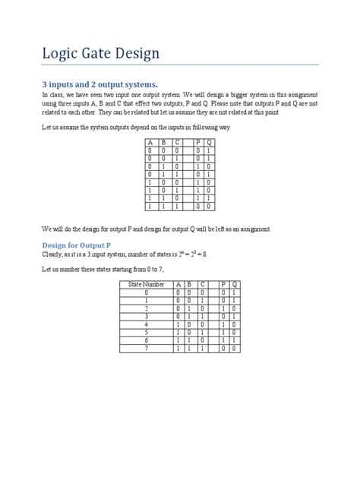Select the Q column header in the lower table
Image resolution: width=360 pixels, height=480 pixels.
point(234,284)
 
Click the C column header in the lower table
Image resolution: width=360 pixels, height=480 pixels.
point(202,284)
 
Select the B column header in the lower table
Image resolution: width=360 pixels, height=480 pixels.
point(190,284)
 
